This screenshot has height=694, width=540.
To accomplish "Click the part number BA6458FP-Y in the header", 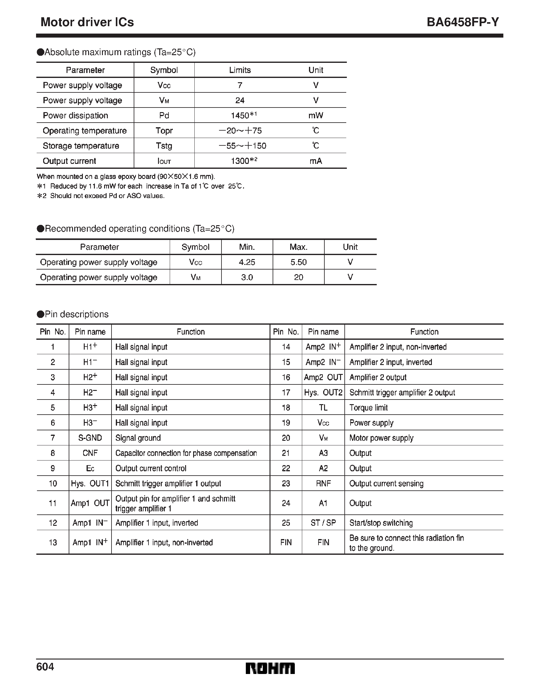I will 463,22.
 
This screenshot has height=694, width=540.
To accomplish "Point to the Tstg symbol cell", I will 164,146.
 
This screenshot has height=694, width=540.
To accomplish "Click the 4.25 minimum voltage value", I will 247,262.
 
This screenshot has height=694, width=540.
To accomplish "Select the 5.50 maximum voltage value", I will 298,262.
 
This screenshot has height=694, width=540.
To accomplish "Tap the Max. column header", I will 298,247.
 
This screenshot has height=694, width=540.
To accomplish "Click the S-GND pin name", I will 90,438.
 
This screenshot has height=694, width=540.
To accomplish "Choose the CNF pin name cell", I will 90,453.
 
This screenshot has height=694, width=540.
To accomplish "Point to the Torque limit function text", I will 368,408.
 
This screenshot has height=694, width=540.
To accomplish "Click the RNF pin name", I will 323,483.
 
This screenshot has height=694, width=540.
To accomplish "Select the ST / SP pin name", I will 323,523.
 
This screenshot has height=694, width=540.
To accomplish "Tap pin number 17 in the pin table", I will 286,392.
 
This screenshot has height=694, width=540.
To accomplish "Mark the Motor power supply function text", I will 381,438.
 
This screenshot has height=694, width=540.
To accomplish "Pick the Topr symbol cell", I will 164,131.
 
